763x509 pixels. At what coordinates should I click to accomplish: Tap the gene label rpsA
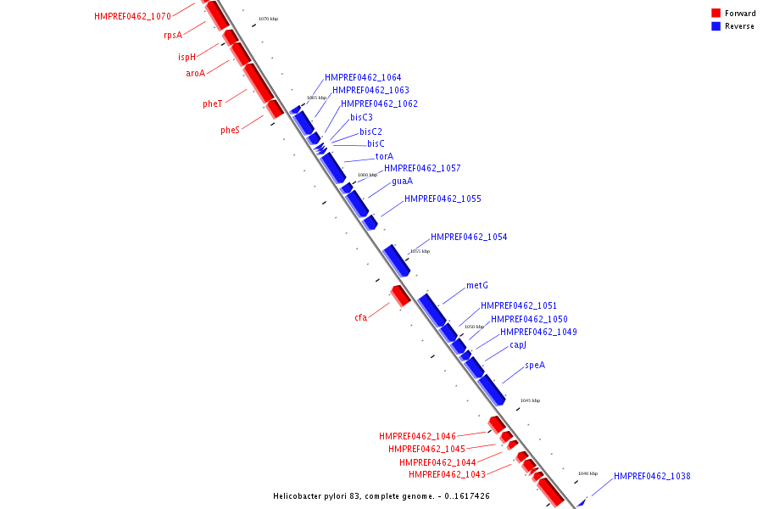click(x=173, y=36)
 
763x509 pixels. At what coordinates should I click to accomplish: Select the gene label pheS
click(x=231, y=131)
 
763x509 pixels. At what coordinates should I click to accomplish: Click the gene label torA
click(x=384, y=156)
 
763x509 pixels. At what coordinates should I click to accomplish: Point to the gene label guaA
click(x=403, y=181)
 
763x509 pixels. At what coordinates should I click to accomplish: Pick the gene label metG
click(x=477, y=286)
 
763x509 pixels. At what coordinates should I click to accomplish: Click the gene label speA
click(x=535, y=366)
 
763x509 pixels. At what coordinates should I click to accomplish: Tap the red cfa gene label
click(x=361, y=318)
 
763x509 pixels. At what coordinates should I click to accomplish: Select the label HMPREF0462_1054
click(x=469, y=238)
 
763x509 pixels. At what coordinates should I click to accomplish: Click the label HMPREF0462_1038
click(x=652, y=477)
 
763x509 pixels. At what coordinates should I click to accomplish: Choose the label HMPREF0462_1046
click(x=417, y=436)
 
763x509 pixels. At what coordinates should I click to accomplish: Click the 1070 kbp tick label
click(x=268, y=19)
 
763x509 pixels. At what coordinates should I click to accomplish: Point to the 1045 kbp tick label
click(x=530, y=400)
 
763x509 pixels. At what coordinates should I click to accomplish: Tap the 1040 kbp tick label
click(x=588, y=473)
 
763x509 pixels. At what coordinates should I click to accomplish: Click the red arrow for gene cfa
click(x=400, y=295)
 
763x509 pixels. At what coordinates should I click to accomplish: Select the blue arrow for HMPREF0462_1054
click(x=397, y=260)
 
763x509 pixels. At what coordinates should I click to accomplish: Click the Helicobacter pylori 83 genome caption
click(x=381, y=496)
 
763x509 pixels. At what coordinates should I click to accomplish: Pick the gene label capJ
click(x=518, y=345)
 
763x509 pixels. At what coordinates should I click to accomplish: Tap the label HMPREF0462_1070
click(x=132, y=16)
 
